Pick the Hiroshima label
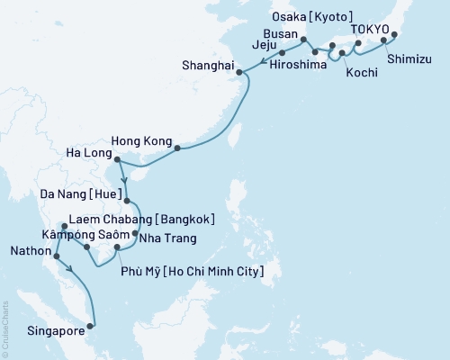[303, 66]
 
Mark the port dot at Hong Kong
[177, 148]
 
